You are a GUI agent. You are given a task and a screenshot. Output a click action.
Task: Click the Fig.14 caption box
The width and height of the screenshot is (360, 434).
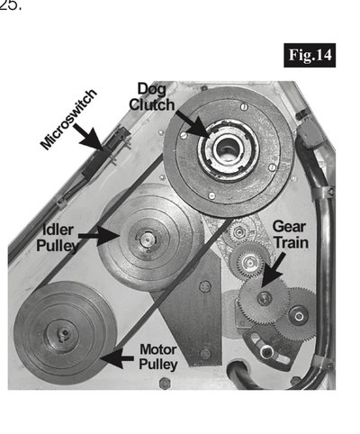pyautogui.click(x=308, y=53)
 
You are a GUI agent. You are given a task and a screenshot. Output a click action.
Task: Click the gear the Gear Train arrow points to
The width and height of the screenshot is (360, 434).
pyautogui.click(x=261, y=298)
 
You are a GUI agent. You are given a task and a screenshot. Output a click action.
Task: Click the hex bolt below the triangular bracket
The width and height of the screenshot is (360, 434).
pyautogui.click(x=165, y=384)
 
